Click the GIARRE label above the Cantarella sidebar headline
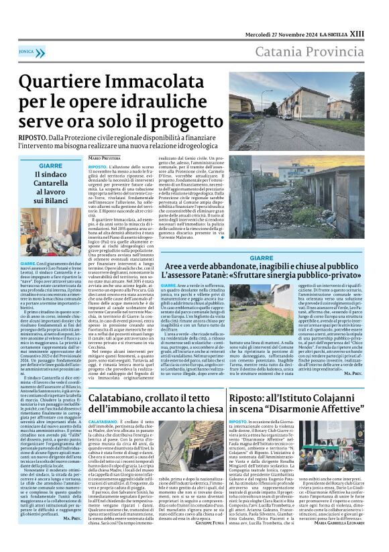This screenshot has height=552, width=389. [x=51, y=166]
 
